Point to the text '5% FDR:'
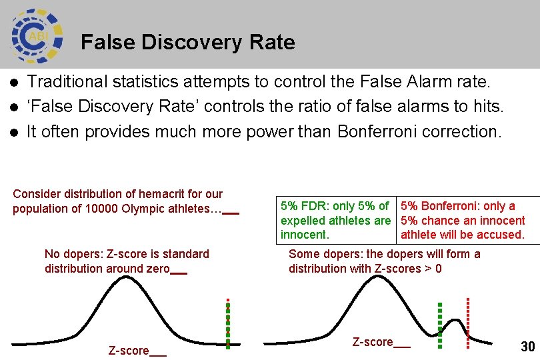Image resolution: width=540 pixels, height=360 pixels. point(301,206)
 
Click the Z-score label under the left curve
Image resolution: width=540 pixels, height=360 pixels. point(129,351)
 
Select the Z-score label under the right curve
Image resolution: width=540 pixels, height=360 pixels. point(373,342)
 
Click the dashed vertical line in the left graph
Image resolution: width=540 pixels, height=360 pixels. point(228,323)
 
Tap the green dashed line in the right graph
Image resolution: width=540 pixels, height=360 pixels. point(440,325)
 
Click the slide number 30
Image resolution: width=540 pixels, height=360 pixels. point(527,346)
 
